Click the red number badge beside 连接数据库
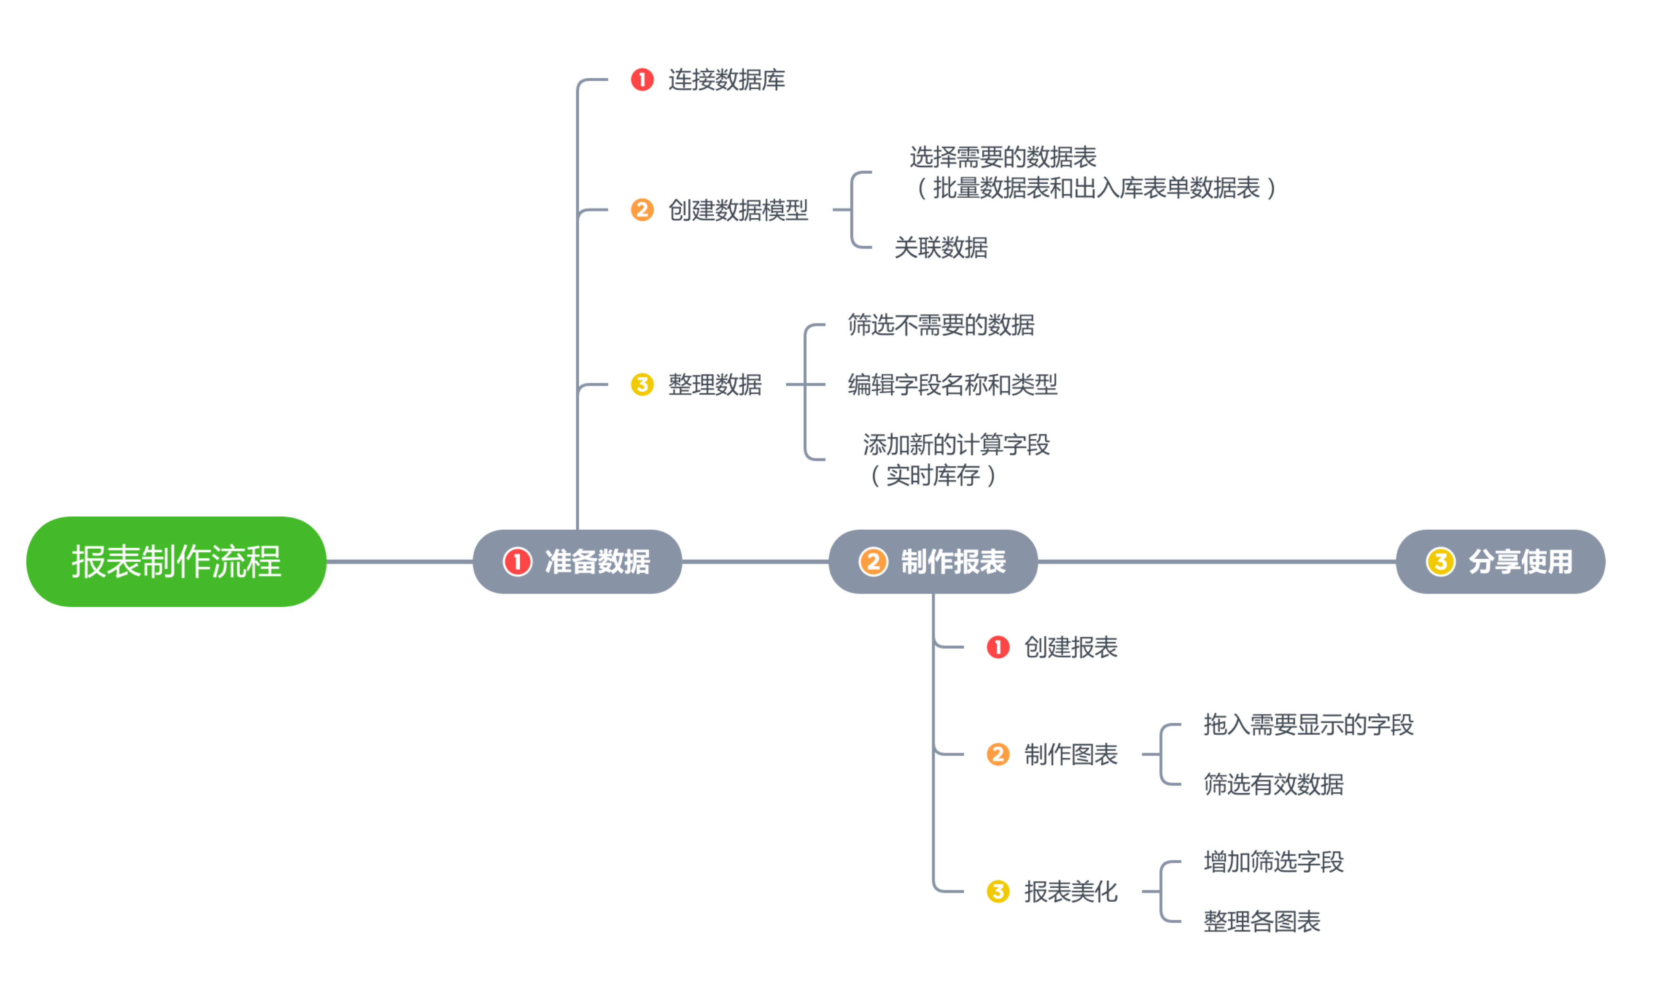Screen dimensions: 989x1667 642,80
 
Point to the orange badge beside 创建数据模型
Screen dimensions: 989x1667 642,210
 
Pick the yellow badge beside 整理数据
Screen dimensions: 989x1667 642,384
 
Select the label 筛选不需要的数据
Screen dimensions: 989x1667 941,325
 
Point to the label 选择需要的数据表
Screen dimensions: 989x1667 1002,157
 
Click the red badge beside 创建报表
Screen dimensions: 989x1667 998,647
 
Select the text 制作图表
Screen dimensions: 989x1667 1070,754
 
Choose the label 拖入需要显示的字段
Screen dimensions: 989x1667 1308,724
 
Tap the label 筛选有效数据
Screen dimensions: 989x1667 1273,785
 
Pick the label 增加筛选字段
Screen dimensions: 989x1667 1273,862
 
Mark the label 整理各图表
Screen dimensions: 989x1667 1261,922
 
